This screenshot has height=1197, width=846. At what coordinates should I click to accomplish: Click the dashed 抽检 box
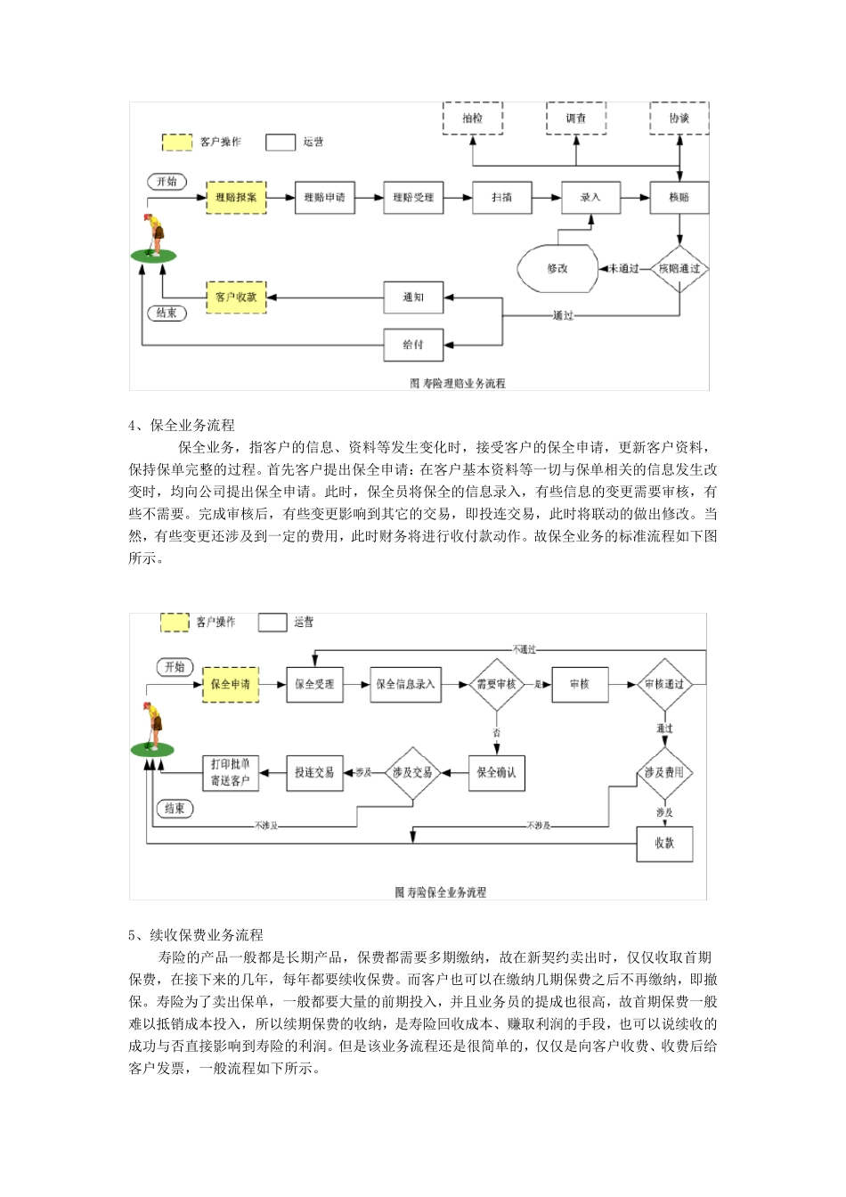[473, 118]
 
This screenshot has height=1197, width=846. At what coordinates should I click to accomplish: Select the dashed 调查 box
[576, 118]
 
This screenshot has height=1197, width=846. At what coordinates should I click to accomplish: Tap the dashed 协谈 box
[679, 118]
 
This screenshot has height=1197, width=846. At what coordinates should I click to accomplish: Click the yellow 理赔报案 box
[236, 197]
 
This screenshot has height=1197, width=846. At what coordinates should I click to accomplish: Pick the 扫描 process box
[502, 197]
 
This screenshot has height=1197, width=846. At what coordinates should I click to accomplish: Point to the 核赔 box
[679, 197]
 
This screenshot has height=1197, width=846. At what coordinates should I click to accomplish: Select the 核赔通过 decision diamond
[679, 268]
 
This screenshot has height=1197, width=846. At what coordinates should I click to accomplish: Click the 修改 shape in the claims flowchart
[558, 268]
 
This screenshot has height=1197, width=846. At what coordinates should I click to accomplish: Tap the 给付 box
[413, 345]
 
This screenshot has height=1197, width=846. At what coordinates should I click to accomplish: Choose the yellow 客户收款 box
[236, 297]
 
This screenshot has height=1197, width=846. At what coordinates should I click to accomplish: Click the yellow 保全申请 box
[231, 684]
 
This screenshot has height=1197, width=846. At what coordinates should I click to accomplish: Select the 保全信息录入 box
[405, 684]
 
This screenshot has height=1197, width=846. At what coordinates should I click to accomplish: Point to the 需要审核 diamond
[496, 684]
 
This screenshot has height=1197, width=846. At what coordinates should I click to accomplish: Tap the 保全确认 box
[496, 772]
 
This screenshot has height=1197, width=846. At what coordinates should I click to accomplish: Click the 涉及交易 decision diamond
[412, 772]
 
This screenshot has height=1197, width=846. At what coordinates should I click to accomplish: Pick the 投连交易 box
[314, 772]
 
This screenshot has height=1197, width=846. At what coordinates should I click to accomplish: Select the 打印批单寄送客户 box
[230, 772]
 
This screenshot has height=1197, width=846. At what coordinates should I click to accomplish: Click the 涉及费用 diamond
[664, 772]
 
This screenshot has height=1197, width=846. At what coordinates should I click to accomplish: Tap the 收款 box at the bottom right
[664, 842]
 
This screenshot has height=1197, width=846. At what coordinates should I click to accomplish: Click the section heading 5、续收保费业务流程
[196, 935]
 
